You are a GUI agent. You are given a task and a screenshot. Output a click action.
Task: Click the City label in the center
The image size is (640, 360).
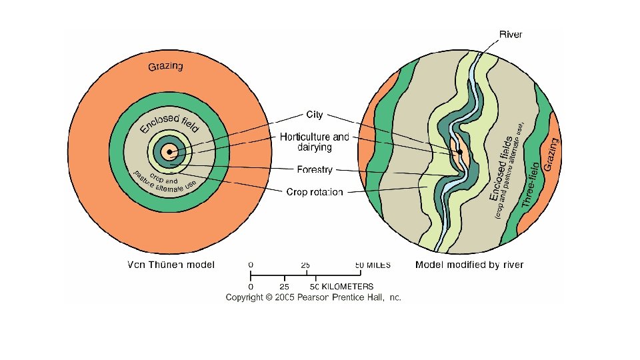pyautogui.click(x=314, y=115)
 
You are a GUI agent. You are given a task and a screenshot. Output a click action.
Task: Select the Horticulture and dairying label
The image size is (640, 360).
pyautogui.click(x=314, y=141)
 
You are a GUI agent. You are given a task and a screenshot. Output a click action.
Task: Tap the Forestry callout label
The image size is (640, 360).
pyautogui.click(x=314, y=170)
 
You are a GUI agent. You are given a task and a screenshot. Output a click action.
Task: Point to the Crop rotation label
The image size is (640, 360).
pyautogui.click(x=315, y=192)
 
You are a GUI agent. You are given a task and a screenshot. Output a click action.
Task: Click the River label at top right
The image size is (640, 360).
pyautogui.click(x=511, y=34)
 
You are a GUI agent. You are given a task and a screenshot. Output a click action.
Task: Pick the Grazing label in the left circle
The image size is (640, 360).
pyautogui.click(x=165, y=66)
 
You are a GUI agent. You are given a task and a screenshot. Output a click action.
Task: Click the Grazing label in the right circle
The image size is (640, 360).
pyautogui.click(x=551, y=153)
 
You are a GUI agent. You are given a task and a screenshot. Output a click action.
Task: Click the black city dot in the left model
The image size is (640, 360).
pyautogui.click(x=170, y=152)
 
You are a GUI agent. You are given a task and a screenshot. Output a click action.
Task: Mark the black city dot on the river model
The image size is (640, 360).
pyautogui.click(x=460, y=153)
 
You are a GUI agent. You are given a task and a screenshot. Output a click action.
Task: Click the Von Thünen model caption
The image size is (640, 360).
pyautogui.click(x=171, y=265)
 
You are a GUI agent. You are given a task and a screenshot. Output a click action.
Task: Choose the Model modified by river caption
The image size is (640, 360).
pyautogui.click(x=469, y=265)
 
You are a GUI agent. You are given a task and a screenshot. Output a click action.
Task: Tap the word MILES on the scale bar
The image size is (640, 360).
pyautogui.click(x=378, y=265)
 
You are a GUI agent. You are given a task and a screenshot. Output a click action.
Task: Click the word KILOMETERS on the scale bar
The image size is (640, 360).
pyautogui.click(x=343, y=286)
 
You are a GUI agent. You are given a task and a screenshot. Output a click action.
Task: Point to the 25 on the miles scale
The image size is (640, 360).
pyautogui.click(x=305, y=265)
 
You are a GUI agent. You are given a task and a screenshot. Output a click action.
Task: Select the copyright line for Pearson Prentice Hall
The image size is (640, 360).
pyautogui.click(x=313, y=297)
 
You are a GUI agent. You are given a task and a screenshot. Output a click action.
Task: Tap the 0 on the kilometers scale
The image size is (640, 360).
pyautogui.click(x=251, y=286)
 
